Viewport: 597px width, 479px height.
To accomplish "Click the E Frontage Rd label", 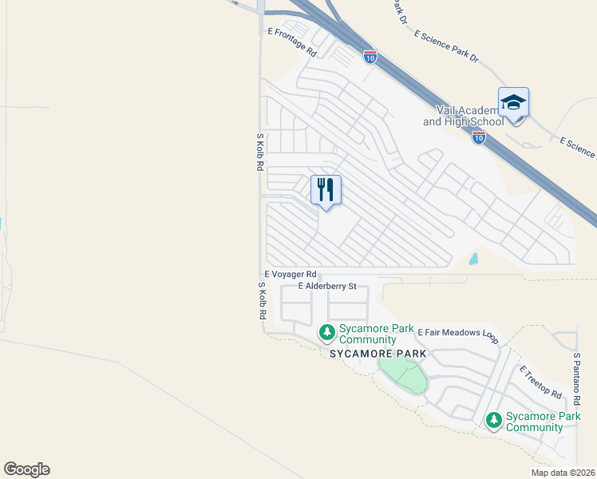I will tap(293, 42).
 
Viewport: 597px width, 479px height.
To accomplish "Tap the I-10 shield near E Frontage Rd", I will tap(370, 57).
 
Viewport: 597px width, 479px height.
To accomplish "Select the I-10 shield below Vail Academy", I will tap(478, 137).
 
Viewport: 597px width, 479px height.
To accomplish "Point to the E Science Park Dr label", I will tap(445, 47).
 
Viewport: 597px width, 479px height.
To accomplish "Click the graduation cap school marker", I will tap(513, 103).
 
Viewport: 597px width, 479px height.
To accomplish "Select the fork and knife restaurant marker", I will tap(326, 190).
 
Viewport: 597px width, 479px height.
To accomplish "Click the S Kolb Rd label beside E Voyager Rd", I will tap(261, 301).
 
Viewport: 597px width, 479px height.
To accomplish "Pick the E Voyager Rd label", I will tap(291, 274).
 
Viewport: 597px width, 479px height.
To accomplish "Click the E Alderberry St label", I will tap(326, 286).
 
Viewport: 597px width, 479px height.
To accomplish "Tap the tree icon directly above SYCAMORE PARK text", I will tap(326, 331).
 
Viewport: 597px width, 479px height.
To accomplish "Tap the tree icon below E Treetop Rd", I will tap(493, 419).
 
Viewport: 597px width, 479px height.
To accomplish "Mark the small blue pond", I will tap(474, 259).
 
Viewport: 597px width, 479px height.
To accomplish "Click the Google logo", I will tap(26, 469).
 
